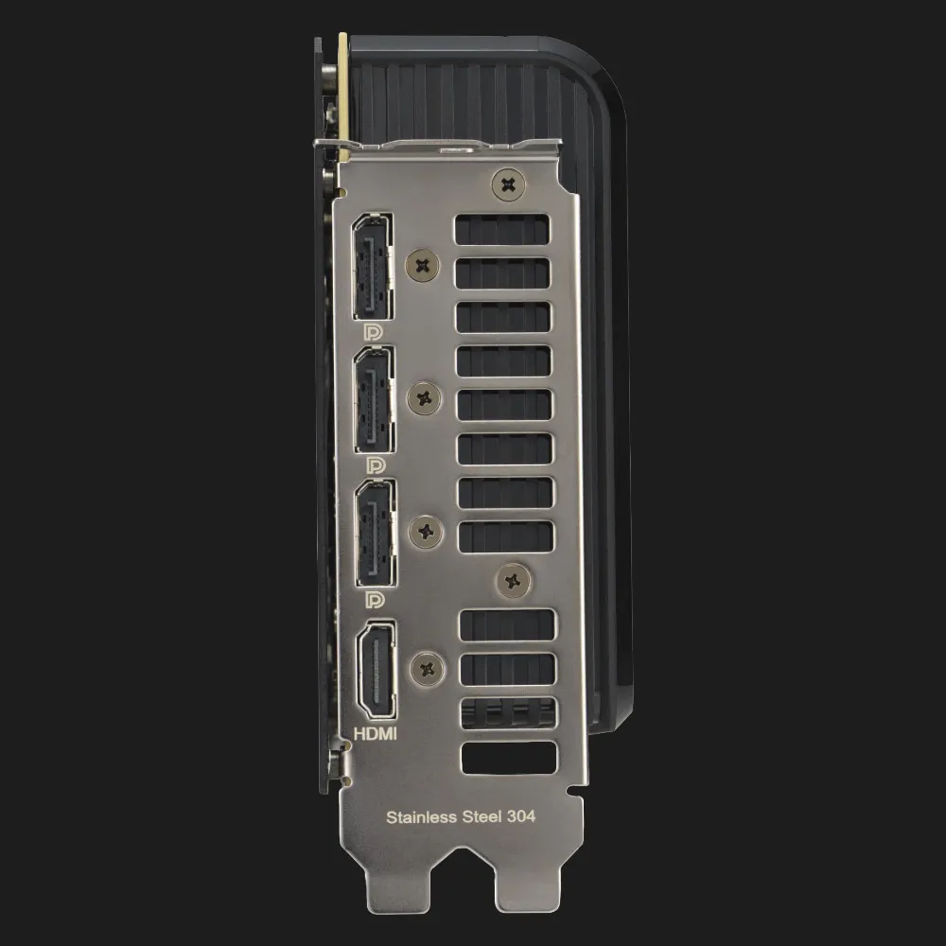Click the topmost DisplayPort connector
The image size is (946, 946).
point(373,267)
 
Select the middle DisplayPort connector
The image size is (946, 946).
point(375,400)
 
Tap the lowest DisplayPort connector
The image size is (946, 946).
point(377,534)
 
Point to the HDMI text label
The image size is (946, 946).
point(376,734)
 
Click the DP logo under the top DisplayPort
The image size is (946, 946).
point(374,332)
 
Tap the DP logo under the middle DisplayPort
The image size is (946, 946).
point(376,465)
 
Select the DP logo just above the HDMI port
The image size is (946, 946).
point(376,599)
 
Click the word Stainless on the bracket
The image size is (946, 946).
point(421,817)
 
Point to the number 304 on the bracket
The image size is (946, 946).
point(520,816)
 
